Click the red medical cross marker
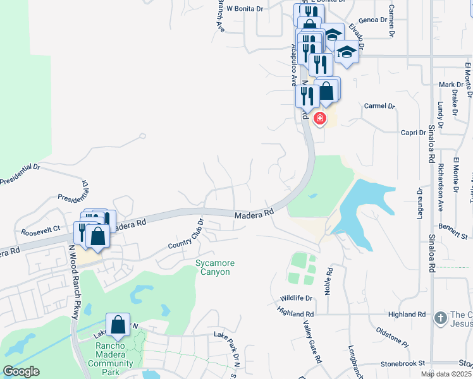tap(320, 117)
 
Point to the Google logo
tap(21, 371)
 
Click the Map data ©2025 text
tap(446, 374)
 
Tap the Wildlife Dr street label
tap(297, 298)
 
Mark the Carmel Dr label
tap(379, 106)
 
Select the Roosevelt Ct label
tap(40, 232)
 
